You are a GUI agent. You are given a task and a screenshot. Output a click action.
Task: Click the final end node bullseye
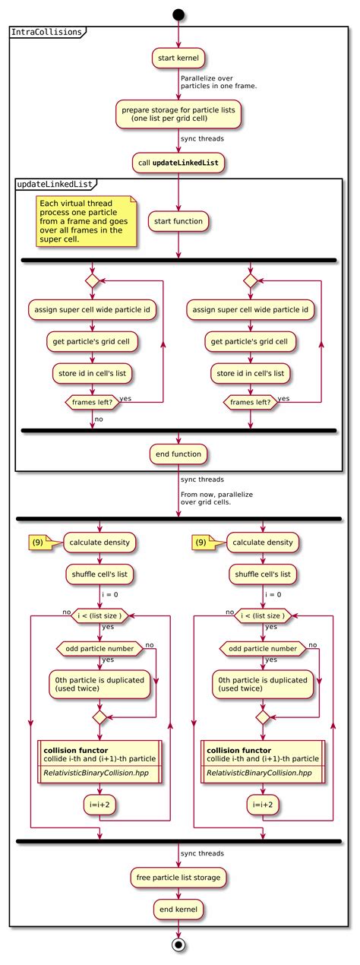(x=178, y=945)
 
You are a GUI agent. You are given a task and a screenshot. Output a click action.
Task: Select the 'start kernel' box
(x=178, y=58)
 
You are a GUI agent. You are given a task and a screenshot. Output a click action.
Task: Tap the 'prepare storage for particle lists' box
(x=178, y=113)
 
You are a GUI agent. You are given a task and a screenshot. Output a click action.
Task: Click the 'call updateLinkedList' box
(x=178, y=163)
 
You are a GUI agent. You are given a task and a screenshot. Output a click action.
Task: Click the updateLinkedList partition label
(x=55, y=185)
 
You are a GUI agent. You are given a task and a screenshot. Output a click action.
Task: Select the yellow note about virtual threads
(x=85, y=222)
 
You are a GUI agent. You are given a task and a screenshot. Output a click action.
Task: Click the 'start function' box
(x=178, y=221)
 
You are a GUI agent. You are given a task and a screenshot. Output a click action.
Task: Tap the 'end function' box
(x=178, y=454)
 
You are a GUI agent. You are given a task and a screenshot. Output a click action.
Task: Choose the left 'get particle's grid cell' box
(x=93, y=342)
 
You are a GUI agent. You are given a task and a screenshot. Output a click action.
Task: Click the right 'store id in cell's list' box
(x=251, y=373)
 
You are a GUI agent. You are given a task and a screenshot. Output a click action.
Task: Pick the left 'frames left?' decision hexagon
(x=91, y=402)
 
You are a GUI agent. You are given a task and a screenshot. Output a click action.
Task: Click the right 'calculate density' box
(x=263, y=543)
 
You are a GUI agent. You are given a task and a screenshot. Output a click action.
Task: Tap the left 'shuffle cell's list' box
(x=99, y=574)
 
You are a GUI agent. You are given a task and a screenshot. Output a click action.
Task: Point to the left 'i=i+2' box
(x=99, y=804)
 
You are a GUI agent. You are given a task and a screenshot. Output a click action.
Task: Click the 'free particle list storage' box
(x=178, y=877)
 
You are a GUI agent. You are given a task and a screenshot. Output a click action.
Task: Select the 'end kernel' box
(x=178, y=909)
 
